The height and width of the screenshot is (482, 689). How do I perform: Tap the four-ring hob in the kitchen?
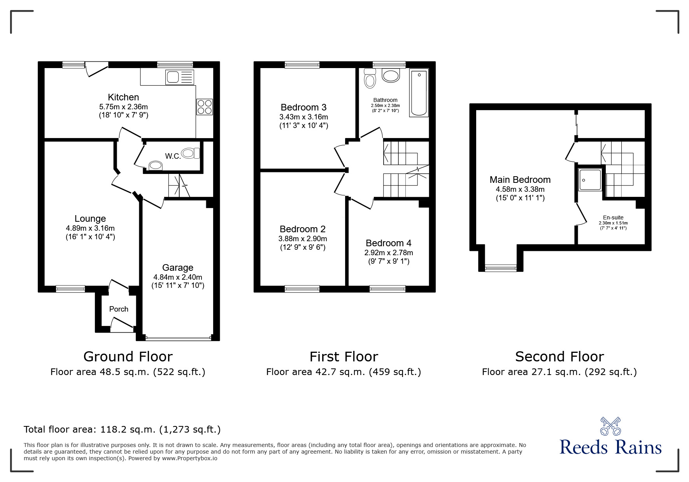click(x=205, y=107)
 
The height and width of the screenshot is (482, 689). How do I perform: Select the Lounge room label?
click(x=90, y=219)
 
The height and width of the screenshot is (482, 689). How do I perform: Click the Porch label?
click(x=119, y=309)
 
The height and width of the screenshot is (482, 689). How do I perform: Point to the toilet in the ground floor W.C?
click(x=191, y=154)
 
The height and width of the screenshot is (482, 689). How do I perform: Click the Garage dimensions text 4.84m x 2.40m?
click(x=178, y=277)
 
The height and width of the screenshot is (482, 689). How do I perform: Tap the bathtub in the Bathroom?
click(x=419, y=93)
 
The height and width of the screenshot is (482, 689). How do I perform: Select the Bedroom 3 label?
click(x=303, y=107)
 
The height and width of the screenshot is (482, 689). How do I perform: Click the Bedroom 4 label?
click(x=388, y=243)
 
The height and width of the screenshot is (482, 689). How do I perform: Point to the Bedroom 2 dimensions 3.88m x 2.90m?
click(x=303, y=238)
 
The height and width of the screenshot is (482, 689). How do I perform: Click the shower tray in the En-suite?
click(x=590, y=180)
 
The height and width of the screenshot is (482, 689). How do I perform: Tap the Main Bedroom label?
click(x=520, y=180)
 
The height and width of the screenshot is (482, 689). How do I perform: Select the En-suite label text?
click(x=613, y=217)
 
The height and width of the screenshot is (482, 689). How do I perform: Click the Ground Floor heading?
click(x=128, y=356)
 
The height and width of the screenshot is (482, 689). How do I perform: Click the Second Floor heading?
click(x=559, y=356)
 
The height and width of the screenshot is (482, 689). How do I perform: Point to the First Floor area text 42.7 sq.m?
click(x=344, y=372)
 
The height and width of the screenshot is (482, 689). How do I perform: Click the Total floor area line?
click(x=122, y=429)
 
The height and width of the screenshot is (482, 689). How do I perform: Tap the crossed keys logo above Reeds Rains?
click(x=610, y=426)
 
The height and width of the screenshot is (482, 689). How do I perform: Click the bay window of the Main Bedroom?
click(x=501, y=267)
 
